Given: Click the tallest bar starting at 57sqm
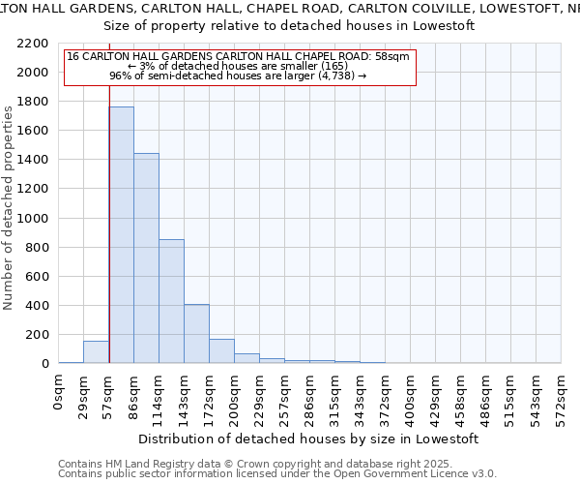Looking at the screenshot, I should tap(122, 234).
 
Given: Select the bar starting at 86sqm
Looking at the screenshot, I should tap(146, 257).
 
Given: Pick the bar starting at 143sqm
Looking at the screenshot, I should tap(196, 333).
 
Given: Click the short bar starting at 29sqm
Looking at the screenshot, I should tap(96, 352).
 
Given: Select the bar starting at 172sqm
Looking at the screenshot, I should tap(221, 350).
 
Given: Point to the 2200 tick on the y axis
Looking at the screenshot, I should tap(33, 44).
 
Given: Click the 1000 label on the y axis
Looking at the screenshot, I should tap(33, 219).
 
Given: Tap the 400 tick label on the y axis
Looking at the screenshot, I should tap(37, 306).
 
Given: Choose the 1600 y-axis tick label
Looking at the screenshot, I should tap(33, 131).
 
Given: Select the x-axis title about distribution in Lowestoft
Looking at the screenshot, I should tap(309, 439).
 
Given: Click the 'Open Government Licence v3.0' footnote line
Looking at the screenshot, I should tap(277, 473).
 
